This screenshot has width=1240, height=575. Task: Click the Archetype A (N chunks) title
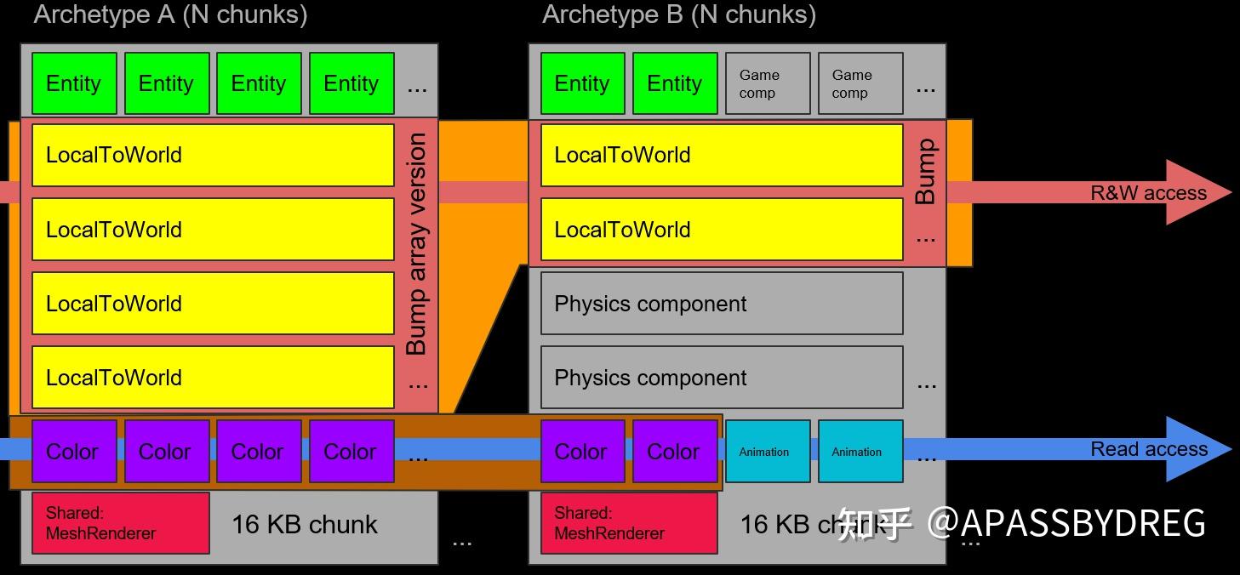pos(170,14)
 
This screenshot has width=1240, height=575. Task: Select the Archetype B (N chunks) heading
pos(678,14)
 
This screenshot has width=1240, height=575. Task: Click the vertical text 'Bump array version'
pos(416,245)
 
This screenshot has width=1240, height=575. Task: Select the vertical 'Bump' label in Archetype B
pos(925,172)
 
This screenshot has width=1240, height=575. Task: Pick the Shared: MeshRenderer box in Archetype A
pos(121,523)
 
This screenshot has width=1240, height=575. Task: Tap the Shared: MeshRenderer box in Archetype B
pos(629,523)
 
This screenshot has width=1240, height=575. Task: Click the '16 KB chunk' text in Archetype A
pos(304,524)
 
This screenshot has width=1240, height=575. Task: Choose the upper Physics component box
pos(721,304)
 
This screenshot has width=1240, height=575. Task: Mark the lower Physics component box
pos(721,378)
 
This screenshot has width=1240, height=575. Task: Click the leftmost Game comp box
pos(768,83)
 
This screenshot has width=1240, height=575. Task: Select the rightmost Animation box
pos(860,452)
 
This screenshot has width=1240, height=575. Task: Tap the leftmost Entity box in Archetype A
pos(74,83)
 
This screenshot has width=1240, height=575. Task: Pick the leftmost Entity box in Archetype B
pos(582,83)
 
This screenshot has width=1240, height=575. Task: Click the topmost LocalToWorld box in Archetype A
pos(213,155)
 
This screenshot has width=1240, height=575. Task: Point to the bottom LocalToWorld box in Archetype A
pos(213,378)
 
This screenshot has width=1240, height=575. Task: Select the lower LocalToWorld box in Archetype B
pos(721,230)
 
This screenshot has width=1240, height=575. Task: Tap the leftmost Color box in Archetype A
pos(74,452)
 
